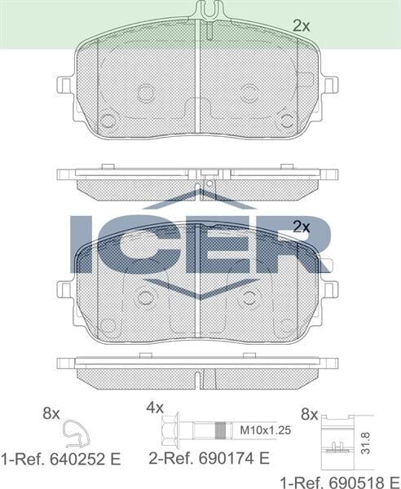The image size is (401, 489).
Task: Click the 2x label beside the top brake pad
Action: tap(302, 25)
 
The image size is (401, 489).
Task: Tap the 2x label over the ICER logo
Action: tap(302, 227)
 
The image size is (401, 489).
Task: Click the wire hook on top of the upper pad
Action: tap(209, 11)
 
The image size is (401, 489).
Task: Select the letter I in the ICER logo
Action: tap(82, 244)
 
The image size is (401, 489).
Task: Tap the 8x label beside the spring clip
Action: tap(51, 413)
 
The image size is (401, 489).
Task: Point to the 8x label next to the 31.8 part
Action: tap(310, 413)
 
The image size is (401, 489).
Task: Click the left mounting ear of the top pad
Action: tap(65, 85)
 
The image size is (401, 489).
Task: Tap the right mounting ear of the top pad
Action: tap(329, 85)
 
